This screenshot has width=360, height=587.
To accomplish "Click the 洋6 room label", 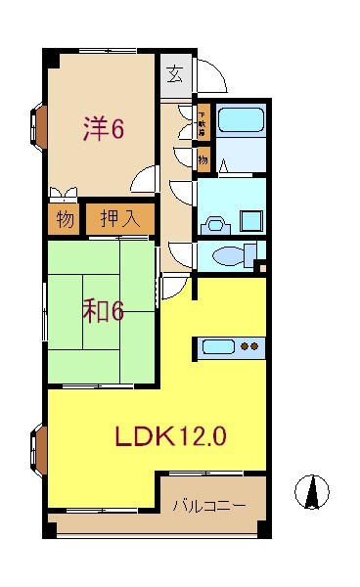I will (102, 129).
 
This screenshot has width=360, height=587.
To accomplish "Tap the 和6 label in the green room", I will (102, 312).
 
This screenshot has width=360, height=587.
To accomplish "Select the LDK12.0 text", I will (172, 435).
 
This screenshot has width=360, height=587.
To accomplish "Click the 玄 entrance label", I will (173, 73).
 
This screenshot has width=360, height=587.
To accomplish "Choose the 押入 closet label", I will (120, 219).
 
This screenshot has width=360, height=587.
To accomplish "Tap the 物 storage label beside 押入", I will (65, 219).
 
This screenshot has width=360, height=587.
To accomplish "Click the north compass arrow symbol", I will (312, 490).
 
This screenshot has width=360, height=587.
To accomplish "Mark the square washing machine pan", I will (248, 222).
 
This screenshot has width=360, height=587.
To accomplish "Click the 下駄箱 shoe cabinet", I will (202, 122).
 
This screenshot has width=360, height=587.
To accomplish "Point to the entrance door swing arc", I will (212, 76).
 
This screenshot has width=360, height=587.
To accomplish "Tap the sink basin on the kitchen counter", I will (219, 345).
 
